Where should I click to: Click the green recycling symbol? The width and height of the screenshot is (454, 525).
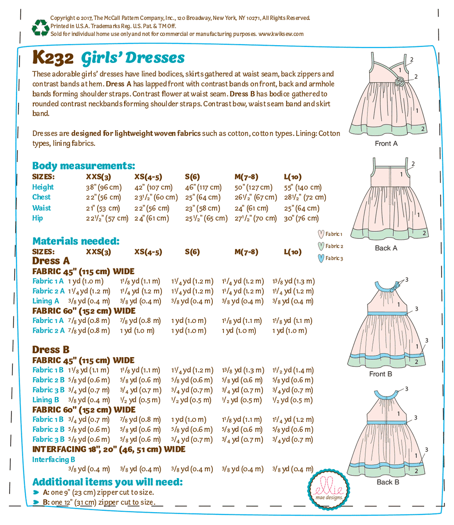pyautogui.click(x=40, y=27)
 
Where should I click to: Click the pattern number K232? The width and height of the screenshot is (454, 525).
pyautogui.click(x=53, y=58)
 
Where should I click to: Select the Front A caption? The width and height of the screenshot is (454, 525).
pyautogui.click(x=386, y=144)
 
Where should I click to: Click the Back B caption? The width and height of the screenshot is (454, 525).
pyautogui.click(x=387, y=482)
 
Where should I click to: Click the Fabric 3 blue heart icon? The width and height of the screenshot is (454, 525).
pyautogui.click(x=321, y=258)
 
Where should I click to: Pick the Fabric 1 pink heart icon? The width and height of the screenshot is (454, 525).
pyautogui.click(x=321, y=234)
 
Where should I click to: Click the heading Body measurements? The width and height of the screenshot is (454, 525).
pyautogui.click(x=84, y=166)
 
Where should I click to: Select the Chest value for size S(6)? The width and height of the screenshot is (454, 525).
pyautogui.click(x=203, y=198)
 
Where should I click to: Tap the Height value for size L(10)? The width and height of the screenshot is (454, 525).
pyautogui.click(x=303, y=187)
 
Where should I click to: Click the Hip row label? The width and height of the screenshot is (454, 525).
pyautogui.click(x=38, y=218)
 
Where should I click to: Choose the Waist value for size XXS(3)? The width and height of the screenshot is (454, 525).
pyautogui.click(x=103, y=208)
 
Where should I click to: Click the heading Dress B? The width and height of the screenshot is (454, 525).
pyautogui.click(x=51, y=350)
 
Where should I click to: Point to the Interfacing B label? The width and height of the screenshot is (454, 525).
pyautogui.click(x=54, y=459)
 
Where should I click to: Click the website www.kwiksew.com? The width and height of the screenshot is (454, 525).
pyautogui.click(x=281, y=34)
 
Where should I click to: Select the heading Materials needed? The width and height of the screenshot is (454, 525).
pyautogui.click(x=76, y=241)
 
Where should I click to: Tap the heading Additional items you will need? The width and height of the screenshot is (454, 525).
pyautogui.click(x=107, y=482)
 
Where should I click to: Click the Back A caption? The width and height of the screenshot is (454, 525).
pyautogui.click(x=386, y=248)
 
